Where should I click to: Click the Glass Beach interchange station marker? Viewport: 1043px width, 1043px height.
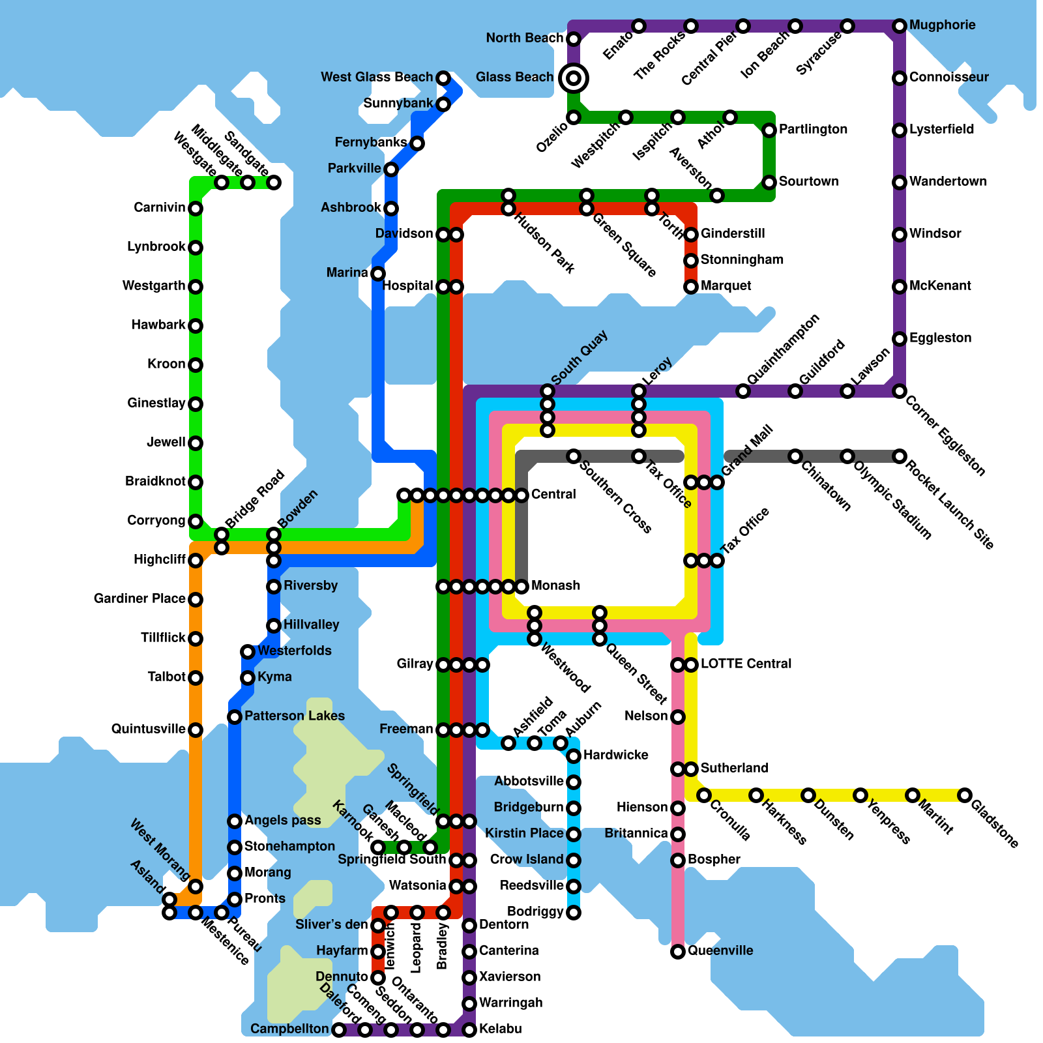point(574,78)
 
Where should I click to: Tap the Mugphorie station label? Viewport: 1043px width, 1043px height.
point(942,25)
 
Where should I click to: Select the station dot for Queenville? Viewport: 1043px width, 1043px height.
point(678,952)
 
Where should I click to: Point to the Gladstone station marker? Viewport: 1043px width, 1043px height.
point(965,795)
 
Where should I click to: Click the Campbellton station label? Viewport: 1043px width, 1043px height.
point(289,1029)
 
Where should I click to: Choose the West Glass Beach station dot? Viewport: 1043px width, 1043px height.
point(443,78)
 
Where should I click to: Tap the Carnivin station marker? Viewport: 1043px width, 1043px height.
point(196,209)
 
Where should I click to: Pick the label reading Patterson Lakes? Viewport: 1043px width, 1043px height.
point(294,716)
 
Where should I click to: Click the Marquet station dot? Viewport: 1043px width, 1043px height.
point(691,287)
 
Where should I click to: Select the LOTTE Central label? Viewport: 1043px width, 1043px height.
point(746,664)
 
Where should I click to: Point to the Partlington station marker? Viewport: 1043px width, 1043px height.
point(769,130)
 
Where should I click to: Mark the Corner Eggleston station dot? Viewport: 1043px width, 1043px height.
point(900,391)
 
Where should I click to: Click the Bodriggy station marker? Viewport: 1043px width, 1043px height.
point(574,913)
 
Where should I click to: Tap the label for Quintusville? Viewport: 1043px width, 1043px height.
point(148,729)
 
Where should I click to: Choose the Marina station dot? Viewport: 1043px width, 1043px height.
point(378,274)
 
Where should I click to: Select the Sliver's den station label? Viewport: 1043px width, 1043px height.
point(331,925)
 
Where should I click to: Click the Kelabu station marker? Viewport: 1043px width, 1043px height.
point(469,1030)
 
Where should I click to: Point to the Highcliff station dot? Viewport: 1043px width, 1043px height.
point(196,561)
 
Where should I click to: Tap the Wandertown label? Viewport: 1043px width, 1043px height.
point(948,182)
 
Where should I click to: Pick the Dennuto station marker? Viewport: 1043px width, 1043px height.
point(378,978)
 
